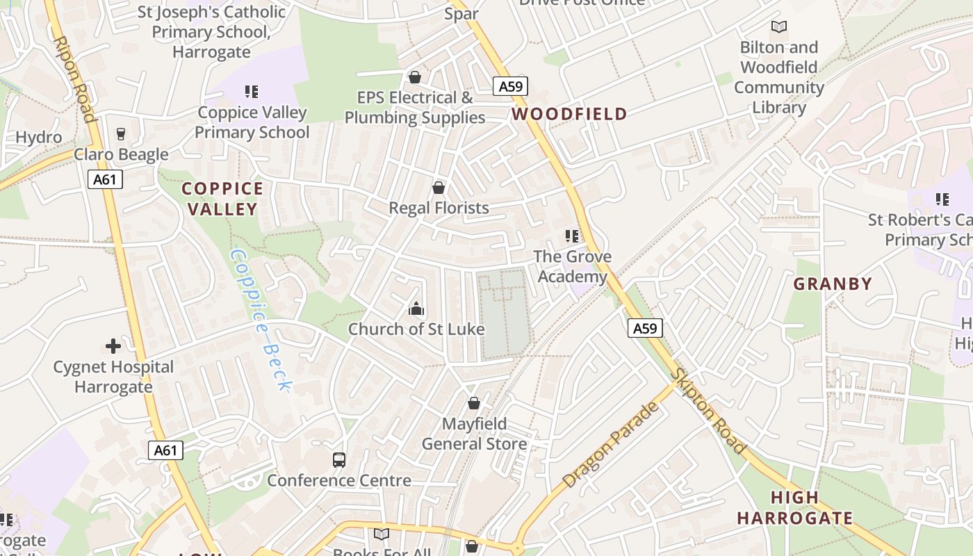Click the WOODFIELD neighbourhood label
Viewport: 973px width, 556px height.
(569, 114)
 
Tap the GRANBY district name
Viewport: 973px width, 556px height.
(833, 284)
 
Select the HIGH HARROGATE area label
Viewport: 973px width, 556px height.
(795, 508)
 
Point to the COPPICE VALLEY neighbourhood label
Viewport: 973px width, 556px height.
(222, 199)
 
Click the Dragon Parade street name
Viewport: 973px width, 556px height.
(610, 444)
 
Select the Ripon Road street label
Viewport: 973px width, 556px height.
(73, 79)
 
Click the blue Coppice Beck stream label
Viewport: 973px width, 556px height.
(260, 320)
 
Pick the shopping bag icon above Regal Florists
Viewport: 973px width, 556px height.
(439, 188)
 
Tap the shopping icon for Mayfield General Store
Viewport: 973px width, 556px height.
(474, 403)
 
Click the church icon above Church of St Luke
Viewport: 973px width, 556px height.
(416, 309)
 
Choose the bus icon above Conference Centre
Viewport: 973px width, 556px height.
(339, 459)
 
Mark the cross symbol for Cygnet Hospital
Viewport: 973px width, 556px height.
(113, 346)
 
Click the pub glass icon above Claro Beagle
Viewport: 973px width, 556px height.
(121, 134)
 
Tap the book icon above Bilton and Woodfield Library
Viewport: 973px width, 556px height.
(779, 27)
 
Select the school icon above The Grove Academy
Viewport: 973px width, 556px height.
(572, 236)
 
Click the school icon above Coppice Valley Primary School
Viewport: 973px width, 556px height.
(252, 92)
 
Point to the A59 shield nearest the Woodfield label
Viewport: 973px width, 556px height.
(511, 86)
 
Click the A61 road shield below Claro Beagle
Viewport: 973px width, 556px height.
(106, 180)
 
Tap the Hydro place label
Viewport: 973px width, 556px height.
(39, 137)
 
